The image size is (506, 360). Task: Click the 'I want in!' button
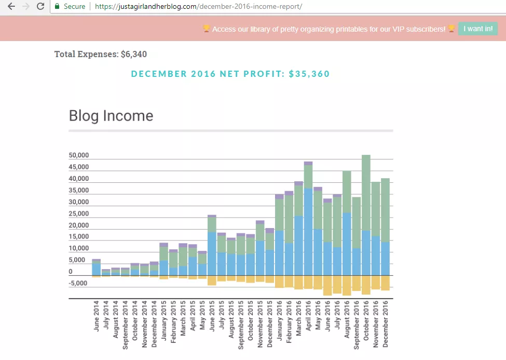pos(477,29)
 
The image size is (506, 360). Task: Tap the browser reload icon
pos(40,7)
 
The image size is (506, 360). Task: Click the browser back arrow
pos(11,7)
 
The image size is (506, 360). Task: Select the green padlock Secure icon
pos(57,7)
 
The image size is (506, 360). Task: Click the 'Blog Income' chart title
pos(111,115)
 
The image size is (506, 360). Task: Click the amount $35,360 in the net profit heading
pos(309,74)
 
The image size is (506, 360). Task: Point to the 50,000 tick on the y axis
pos(79,155)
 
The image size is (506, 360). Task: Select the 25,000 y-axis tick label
pos(79,214)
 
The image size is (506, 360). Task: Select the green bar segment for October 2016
pos(366,193)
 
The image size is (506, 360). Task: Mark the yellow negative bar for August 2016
pos(347,285)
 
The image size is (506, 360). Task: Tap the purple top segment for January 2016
pos(279,196)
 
